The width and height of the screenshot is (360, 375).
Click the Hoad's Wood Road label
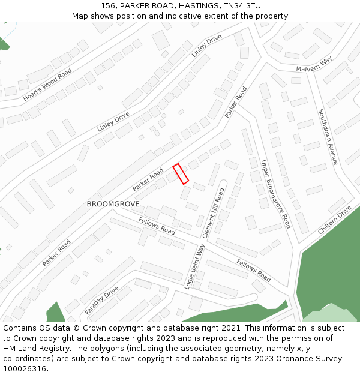click(x=47, y=83)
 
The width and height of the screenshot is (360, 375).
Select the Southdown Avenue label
click(x=328, y=137)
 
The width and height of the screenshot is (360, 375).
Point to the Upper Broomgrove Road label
click(x=276, y=194)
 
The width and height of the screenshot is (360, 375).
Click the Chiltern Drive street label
click(x=335, y=220)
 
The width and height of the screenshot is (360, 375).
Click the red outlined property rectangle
click(x=181, y=173)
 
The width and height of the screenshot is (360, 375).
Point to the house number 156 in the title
click(x=109, y=6)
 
